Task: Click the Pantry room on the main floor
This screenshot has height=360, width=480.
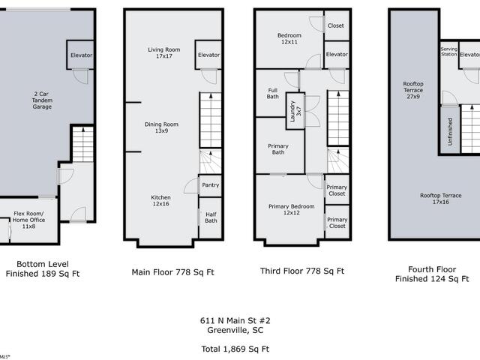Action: click(210, 185)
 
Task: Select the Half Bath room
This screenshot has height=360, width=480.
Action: click(210, 217)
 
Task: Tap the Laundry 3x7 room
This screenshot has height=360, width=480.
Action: click(295, 111)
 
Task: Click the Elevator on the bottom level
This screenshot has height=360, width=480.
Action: click(80, 55)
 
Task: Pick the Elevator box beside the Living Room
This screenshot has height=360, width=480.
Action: click(208, 55)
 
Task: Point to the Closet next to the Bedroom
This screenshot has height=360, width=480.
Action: click(337, 25)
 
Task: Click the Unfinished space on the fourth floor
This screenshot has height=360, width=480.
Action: click(450, 130)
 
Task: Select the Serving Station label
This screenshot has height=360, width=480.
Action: click(449, 52)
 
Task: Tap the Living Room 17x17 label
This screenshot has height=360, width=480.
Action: click(164, 53)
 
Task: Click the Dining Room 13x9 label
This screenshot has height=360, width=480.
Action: click(161, 127)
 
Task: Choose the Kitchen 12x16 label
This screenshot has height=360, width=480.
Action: click(160, 200)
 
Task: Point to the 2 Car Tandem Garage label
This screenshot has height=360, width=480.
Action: click(42, 100)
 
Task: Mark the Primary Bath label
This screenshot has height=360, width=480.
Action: click(278, 149)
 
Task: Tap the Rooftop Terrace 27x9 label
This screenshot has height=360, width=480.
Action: click(413, 90)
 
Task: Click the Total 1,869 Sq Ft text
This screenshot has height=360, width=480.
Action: click(235, 349)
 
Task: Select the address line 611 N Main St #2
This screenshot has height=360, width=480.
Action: click(235, 320)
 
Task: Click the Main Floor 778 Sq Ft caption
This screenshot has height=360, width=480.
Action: click(172, 272)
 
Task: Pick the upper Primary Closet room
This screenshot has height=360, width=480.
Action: click(337, 190)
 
